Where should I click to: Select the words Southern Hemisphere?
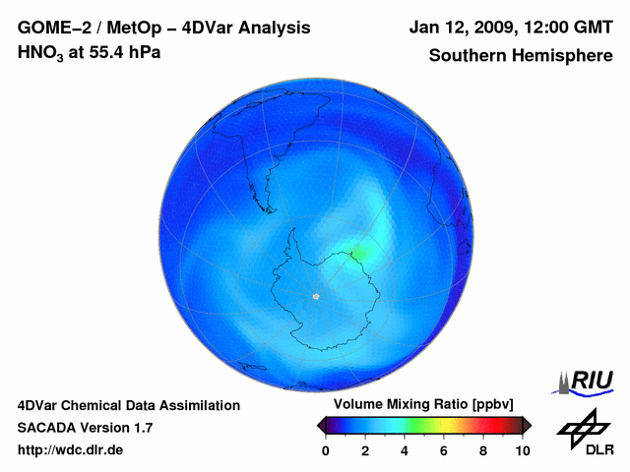coord(521,55)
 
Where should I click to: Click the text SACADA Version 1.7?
coord(85,428)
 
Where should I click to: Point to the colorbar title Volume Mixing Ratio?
coord(405,405)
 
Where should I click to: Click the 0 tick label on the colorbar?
coord(326,450)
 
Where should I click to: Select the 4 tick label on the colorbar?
coord(405,450)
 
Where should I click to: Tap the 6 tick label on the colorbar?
coord(444,450)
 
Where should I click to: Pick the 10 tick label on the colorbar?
coord(522,450)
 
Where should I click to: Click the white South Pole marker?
coord(316,296)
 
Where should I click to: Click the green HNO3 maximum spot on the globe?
coord(357,254)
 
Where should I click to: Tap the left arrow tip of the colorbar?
coord(320,425)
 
